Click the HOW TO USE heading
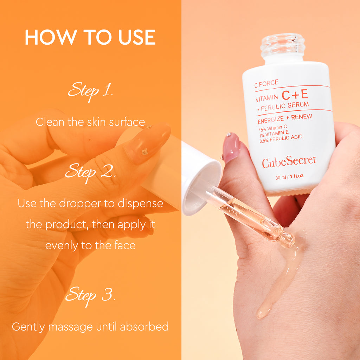click(90, 38)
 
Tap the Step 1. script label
click(90, 91)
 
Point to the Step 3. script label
click(90, 295)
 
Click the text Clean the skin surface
click(90, 122)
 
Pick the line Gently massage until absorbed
click(90, 327)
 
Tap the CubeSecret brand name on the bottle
click(289, 161)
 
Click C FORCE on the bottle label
click(266, 83)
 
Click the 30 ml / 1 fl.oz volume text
click(289, 177)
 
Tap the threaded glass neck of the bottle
click(283, 45)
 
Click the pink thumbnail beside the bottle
click(231, 148)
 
